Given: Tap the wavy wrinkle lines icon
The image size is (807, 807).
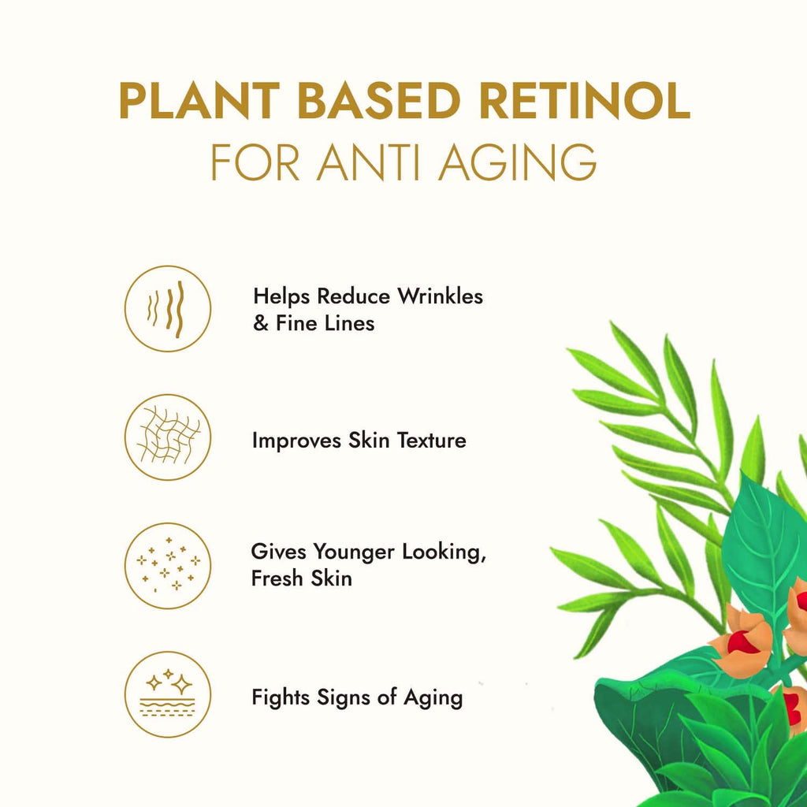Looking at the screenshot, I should pos(168,308).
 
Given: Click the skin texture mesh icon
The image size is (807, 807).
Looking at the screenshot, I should pos(168,437).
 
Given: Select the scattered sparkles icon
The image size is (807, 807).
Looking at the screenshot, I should pos(168,566).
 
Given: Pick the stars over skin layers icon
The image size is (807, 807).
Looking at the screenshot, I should pos(168,694).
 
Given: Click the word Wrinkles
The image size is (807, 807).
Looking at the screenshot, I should pos(440,297).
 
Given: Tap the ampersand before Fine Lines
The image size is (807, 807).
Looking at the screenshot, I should pos(261,324).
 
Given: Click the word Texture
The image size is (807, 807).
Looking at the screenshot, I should pos(430,441).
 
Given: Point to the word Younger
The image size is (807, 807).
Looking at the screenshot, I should pos(355,552).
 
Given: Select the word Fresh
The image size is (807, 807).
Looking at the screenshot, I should pos(273,578).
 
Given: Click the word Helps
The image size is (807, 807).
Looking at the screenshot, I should pos(281,297).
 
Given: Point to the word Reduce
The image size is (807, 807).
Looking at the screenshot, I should pos(354,297).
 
